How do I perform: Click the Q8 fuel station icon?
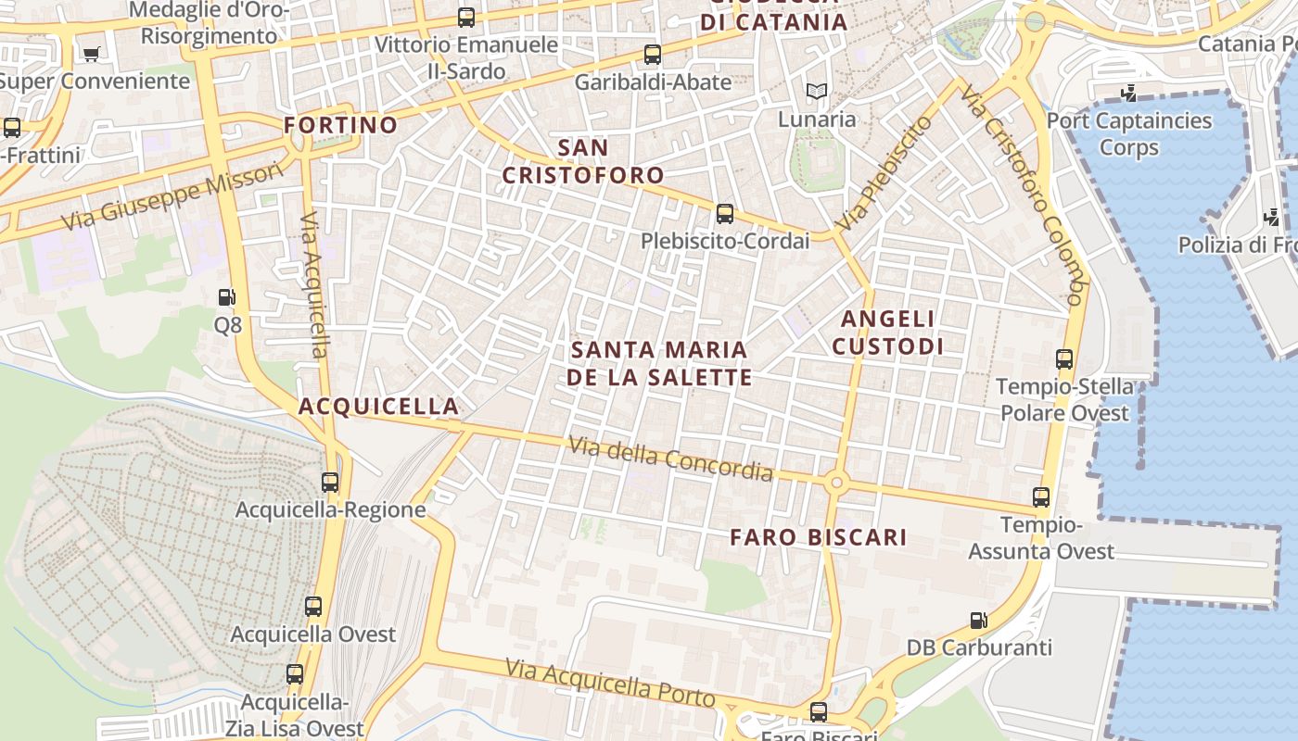tap(226, 297)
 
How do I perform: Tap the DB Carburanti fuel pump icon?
tap(978, 620)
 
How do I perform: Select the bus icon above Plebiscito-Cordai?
tap(725, 214)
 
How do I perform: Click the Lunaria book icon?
tap(816, 91)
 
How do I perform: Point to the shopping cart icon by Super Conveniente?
tap(91, 54)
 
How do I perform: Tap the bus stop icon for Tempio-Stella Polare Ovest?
tap(1064, 358)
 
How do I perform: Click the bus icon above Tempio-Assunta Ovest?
tap(1041, 497)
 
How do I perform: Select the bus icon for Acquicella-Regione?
tap(330, 482)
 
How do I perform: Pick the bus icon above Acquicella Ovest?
tap(313, 607)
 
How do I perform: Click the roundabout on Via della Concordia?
tap(836, 482)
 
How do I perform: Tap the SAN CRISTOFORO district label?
tap(584, 161)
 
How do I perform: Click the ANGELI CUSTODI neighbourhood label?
tap(887, 333)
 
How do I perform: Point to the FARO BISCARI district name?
tap(818, 537)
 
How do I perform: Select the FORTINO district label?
tap(340, 124)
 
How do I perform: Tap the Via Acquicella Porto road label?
tap(610, 683)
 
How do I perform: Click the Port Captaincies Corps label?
tap(1128, 134)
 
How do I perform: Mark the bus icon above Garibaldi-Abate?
tap(653, 54)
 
